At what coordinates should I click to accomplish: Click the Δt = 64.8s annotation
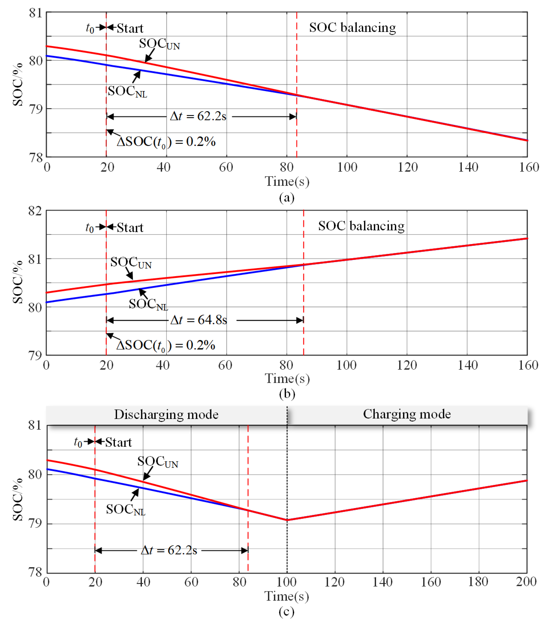click(x=199, y=320)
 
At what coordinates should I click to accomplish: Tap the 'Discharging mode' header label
click(x=166, y=415)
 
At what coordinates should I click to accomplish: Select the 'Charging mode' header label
click(x=407, y=414)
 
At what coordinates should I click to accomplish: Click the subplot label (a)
click(x=287, y=197)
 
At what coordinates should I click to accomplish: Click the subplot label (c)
click(x=287, y=612)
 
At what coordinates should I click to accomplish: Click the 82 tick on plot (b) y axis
click(x=35, y=211)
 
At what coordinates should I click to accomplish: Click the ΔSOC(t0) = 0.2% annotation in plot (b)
click(x=166, y=345)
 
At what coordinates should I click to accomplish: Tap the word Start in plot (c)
click(x=118, y=442)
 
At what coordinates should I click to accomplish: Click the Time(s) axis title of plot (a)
click(x=287, y=181)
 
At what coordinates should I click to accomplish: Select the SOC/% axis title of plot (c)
click(x=18, y=499)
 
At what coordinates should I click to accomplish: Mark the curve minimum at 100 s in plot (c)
click(x=287, y=520)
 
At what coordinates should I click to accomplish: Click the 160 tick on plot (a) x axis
click(x=529, y=167)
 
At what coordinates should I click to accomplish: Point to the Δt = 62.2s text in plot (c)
click(x=169, y=550)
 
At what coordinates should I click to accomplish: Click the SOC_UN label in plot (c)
click(x=158, y=462)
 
